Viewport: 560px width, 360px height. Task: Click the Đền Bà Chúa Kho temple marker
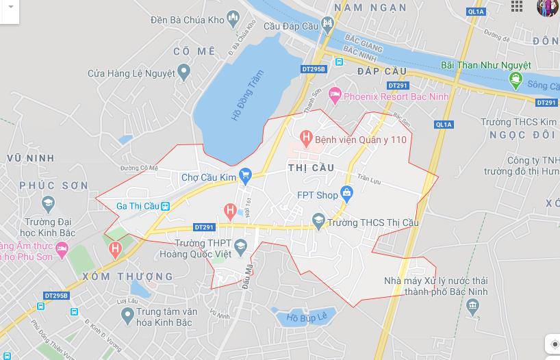coord(233,20)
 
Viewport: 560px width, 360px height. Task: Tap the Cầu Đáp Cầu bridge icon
coord(328,26)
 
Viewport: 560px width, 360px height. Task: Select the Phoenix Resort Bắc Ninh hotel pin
coord(335,96)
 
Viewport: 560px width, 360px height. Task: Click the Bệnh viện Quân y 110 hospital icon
coord(306,139)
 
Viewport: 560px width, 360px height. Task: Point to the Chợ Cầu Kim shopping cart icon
coord(246,177)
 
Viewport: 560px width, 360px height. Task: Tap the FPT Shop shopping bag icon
coord(347,194)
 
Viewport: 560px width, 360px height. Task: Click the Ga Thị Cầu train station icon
coord(166,205)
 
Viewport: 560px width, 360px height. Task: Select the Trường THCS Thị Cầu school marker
coord(318,222)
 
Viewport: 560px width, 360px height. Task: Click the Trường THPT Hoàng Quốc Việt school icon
coord(240,246)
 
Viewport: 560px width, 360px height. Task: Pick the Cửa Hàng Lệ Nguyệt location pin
coord(183,72)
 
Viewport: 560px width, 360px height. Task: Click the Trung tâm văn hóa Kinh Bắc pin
coord(127,316)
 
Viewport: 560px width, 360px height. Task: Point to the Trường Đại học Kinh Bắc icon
coord(48,203)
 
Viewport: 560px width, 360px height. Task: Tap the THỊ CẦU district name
coord(311,168)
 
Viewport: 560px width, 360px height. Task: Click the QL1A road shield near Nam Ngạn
coord(476,12)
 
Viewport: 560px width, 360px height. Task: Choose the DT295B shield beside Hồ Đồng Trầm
coord(314,69)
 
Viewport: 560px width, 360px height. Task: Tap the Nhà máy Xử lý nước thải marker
coord(472,306)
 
